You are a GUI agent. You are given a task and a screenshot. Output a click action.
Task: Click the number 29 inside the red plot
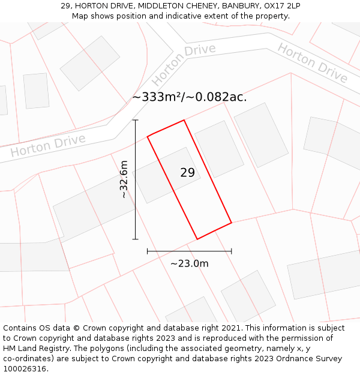pos(187,173)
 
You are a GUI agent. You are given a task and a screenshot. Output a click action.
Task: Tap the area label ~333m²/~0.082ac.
pos(190,97)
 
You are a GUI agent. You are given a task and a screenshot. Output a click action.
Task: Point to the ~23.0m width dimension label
pos(189,263)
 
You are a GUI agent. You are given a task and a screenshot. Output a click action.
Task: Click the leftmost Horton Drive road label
pos(47,145)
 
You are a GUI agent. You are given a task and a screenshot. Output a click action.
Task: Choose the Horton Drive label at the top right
pos(312,63)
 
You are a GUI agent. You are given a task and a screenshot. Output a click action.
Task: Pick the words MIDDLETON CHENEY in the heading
pos(170,6)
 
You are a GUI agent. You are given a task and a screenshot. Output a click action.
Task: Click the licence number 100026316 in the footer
pos(25,369)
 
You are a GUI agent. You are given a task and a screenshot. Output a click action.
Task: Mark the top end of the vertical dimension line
pos(136,120)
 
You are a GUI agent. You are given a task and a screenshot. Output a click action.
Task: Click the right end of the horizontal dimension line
pos(232,251)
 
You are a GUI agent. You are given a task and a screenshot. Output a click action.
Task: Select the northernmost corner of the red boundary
pos(184,120)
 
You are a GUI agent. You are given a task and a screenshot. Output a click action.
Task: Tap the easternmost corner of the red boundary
pos(232,223)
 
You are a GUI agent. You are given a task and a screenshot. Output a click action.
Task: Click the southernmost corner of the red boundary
pos(197,239)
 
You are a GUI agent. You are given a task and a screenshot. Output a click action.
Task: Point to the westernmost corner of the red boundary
pos(147,136)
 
